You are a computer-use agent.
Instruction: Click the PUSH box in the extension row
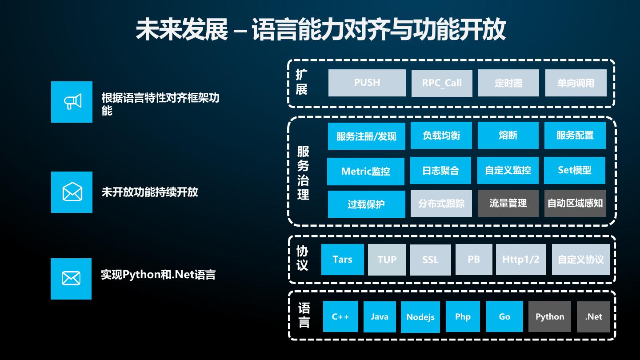tap(367, 83)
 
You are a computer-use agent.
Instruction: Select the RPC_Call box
tap(442, 83)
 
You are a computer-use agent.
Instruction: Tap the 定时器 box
tap(508, 83)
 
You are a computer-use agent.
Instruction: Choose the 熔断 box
tap(508, 135)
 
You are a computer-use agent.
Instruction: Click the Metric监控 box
tap(365, 171)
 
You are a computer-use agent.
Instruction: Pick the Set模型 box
tap(575, 170)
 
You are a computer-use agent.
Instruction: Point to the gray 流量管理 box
tap(508, 204)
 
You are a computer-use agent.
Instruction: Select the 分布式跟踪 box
tap(441, 204)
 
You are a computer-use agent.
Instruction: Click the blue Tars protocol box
tap(342, 260)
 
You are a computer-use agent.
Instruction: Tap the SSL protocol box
tap(430, 260)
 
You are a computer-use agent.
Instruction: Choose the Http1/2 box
tap(520, 260)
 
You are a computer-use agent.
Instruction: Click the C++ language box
tap(340, 316)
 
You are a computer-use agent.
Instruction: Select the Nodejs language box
tap(420, 317)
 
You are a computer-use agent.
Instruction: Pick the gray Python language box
tap(549, 316)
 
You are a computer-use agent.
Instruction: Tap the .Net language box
tap(593, 316)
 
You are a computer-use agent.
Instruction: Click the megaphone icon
tap(72, 102)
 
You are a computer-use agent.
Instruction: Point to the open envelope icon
tap(72, 192)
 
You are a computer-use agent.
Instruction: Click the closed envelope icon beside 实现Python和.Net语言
tap(71, 279)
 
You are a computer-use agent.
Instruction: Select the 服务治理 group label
tap(303, 173)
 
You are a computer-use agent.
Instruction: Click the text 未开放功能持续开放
tap(150, 192)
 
